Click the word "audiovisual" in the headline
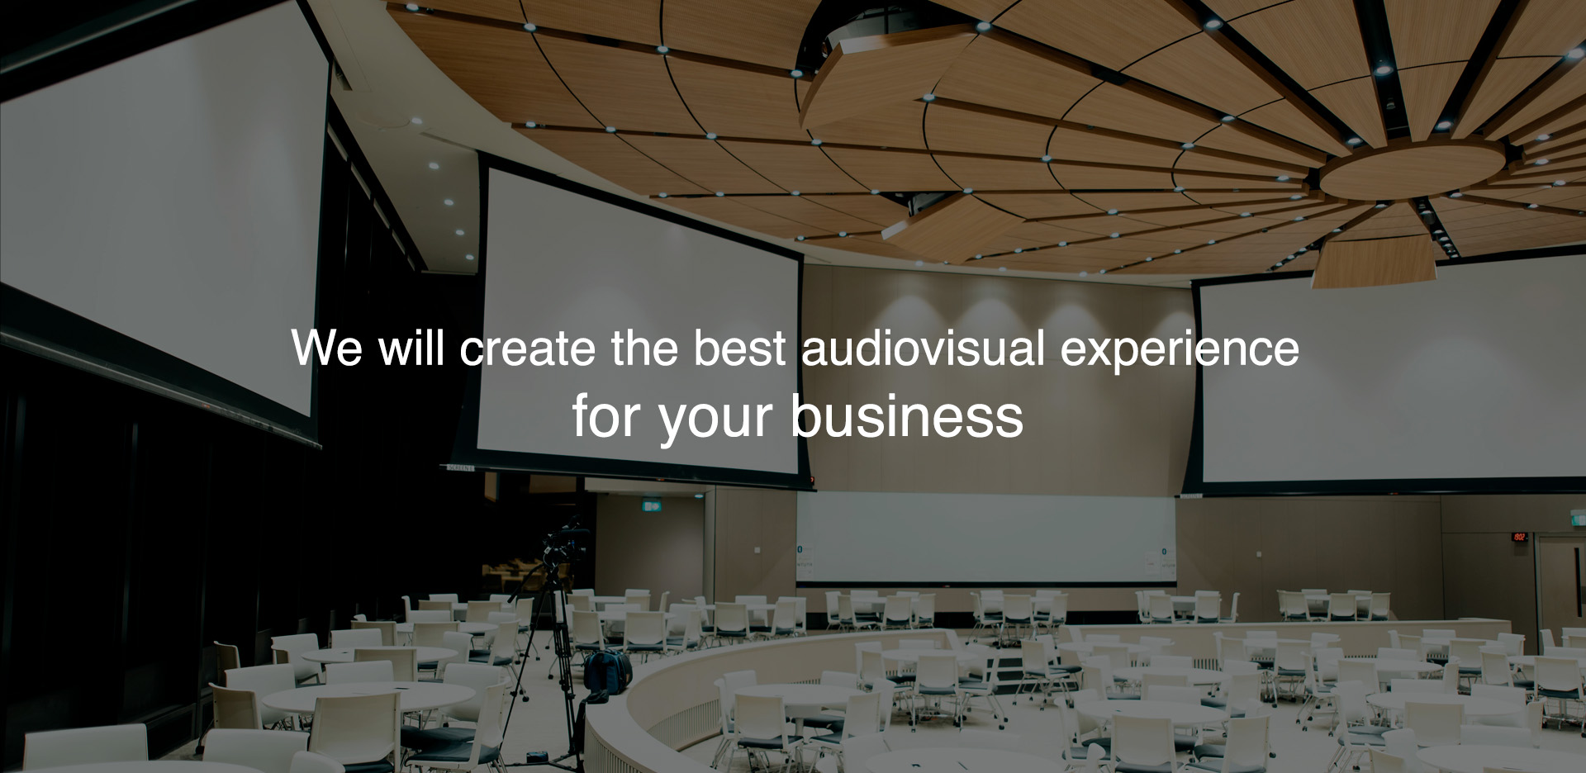pyautogui.click(x=924, y=348)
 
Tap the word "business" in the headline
pyautogui.click(x=907, y=416)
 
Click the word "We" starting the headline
pyautogui.click(x=327, y=348)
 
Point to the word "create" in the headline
pyautogui.click(x=528, y=349)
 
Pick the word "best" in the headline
pyautogui.click(x=739, y=348)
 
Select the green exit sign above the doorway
pyautogui.click(x=652, y=505)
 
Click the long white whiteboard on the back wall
pyautogui.click(x=985, y=538)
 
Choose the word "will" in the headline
pyautogui.click(x=411, y=348)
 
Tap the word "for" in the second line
pyautogui.click(x=607, y=416)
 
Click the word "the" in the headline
pyautogui.click(x=644, y=348)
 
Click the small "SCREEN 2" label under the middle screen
pyautogui.click(x=461, y=468)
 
